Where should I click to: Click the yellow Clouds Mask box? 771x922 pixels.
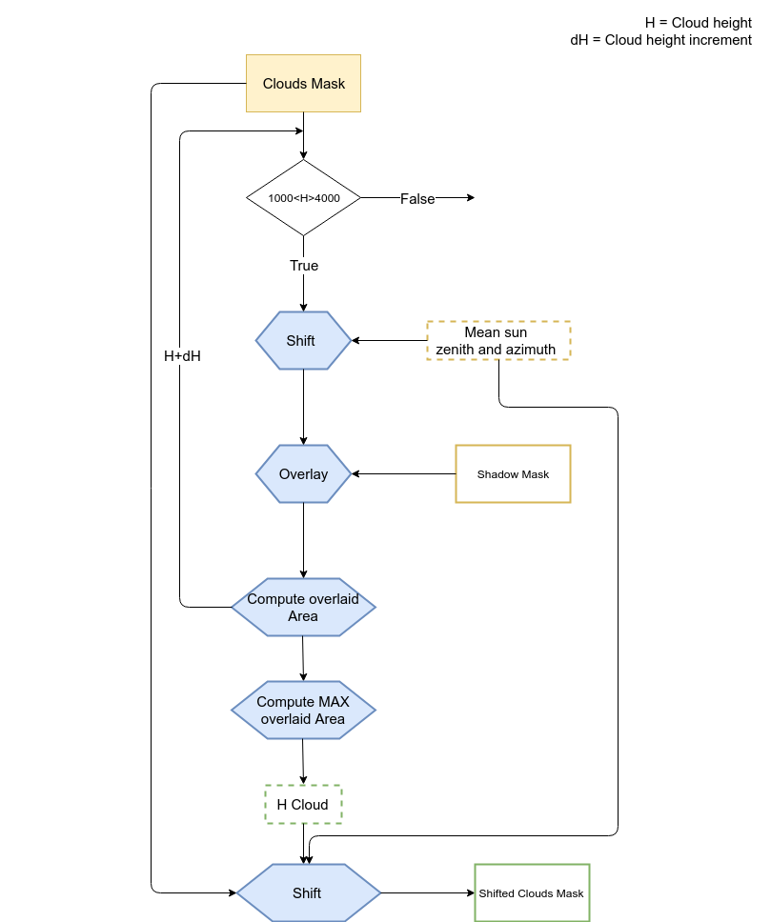(303, 84)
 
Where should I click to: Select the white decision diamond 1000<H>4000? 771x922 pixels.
(303, 197)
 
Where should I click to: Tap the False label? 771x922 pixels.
(417, 199)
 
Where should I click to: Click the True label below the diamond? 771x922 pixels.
(304, 266)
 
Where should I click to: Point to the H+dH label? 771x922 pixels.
(182, 356)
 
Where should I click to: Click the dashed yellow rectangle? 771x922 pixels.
(498, 340)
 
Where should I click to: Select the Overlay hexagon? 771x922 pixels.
(303, 473)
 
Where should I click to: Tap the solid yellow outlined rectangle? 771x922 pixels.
(513, 473)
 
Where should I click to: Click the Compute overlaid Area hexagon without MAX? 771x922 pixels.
(303, 607)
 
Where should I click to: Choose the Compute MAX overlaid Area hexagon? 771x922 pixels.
(303, 710)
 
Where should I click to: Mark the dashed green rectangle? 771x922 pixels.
(303, 804)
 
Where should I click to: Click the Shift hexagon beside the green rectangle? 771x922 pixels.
(308, 892)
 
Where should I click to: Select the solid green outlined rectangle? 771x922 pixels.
(532, 892)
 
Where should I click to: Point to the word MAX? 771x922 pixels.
(332, 702)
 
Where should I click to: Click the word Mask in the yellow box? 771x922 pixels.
(327, 84)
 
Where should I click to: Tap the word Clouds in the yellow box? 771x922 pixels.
(284, 84)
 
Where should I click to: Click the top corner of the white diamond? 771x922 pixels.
(303, 162)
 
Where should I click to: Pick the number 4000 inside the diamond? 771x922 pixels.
(327, 198)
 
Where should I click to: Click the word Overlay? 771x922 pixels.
(303, 474)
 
